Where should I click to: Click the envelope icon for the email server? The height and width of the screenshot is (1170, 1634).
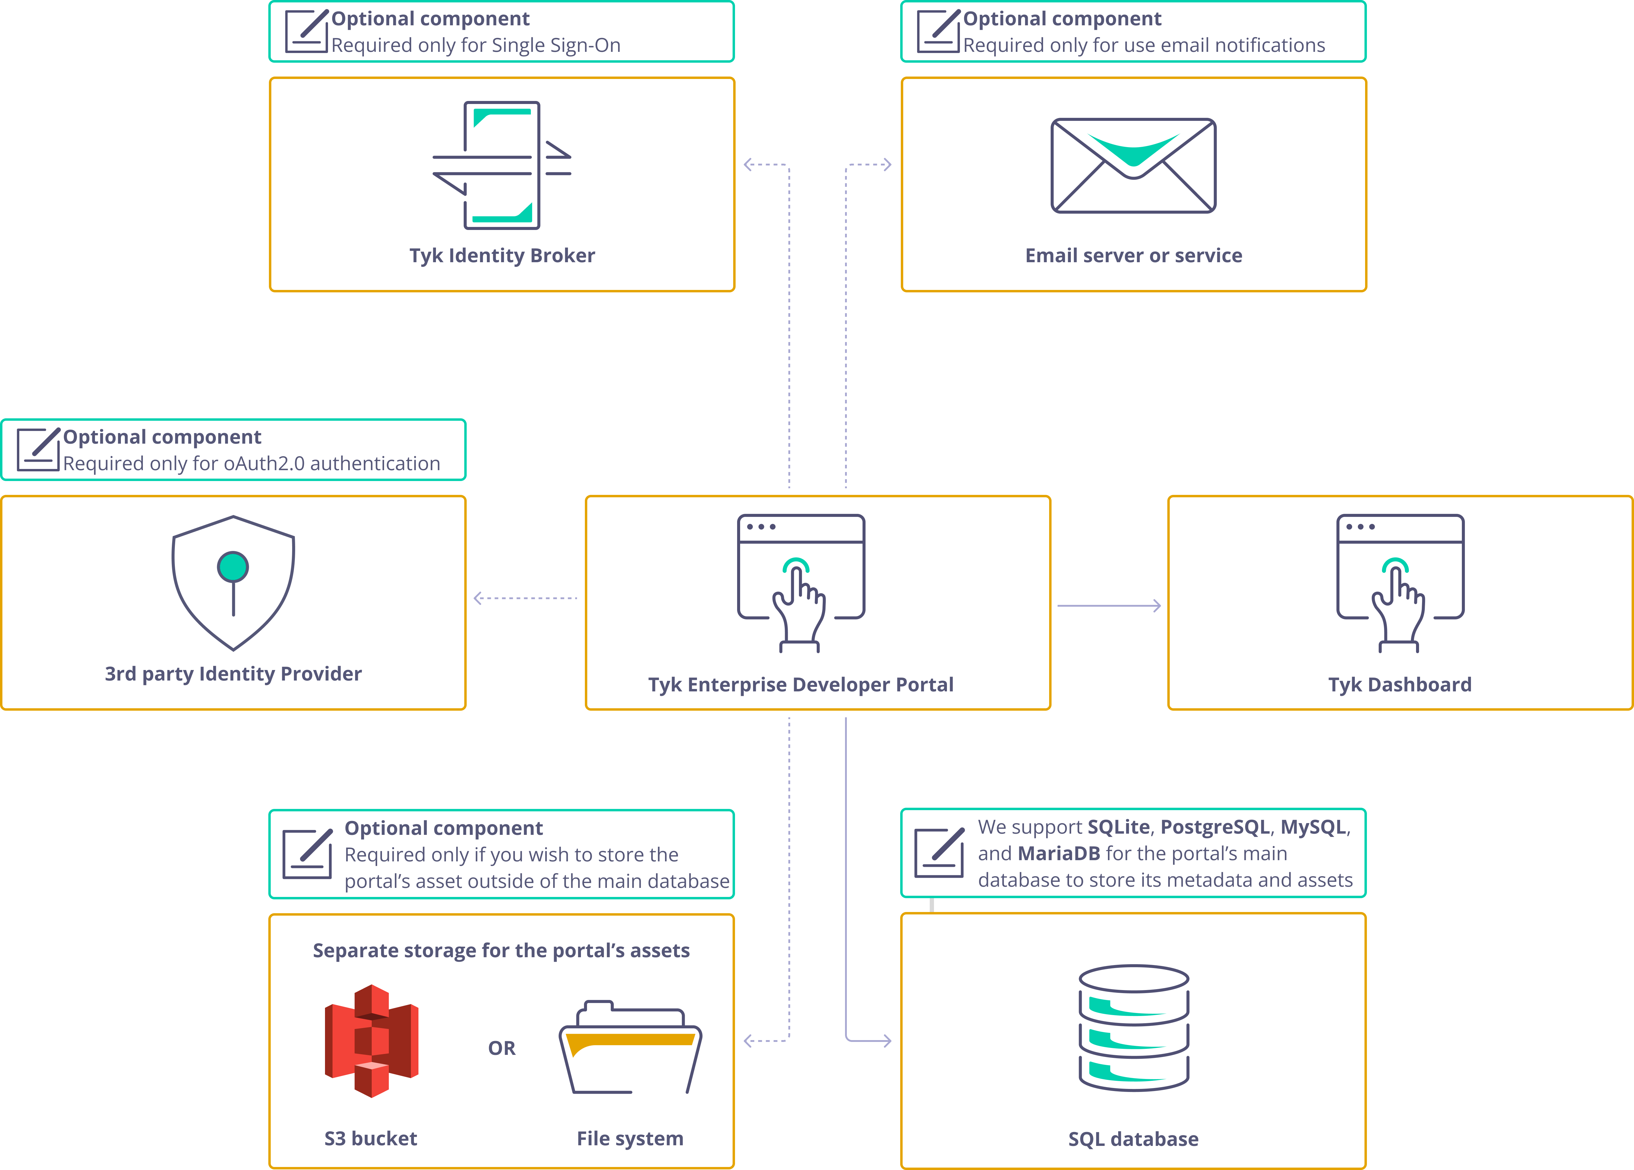(1133, 166)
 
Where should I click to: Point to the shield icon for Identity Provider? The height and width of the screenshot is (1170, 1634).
(233, 582)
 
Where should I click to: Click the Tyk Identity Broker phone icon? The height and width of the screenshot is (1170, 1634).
(502, 165)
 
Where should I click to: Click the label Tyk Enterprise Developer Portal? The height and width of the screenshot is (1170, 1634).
(800, 684)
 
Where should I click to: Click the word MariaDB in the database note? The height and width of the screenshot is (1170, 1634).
(1058, 854)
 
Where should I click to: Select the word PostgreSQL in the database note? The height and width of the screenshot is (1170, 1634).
(1215, 827)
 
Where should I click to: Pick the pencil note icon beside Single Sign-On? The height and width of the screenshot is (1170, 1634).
(306, 31)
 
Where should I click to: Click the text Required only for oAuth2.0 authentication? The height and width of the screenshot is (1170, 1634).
(251, 463)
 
